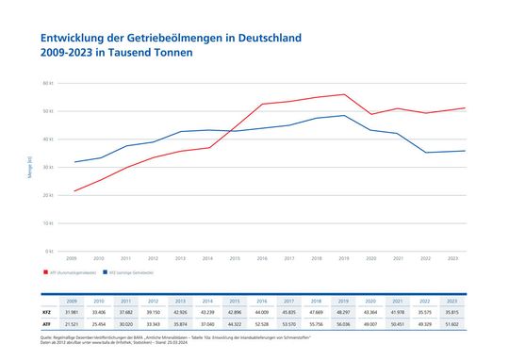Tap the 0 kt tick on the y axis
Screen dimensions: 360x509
50,252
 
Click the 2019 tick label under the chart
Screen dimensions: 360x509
344,257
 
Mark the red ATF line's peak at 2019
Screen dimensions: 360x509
344,94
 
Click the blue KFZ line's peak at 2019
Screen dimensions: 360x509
344,116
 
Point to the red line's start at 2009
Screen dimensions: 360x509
74,191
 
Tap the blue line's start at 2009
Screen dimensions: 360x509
74,162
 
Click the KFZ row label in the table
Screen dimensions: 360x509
46,312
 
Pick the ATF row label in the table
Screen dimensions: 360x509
46,323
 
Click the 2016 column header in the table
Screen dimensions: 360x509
262,301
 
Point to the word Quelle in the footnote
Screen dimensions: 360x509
47,335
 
